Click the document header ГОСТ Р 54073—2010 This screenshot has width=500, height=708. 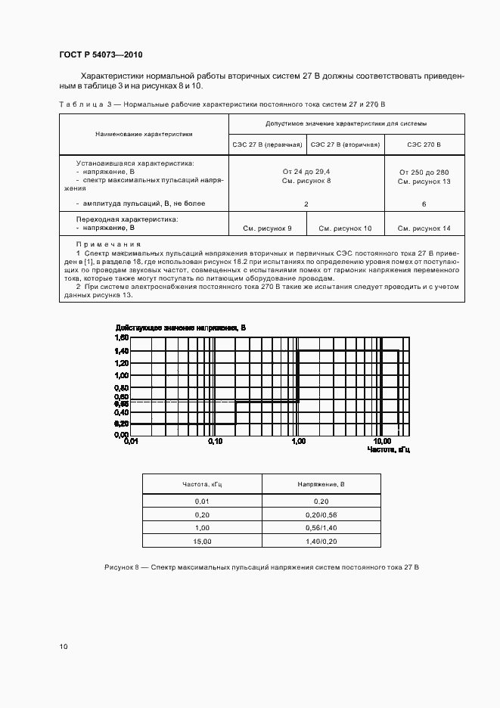(101, 55)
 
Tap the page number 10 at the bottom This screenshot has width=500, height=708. (64, 647)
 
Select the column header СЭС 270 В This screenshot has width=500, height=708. (424, 144)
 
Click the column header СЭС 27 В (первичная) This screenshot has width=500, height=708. (266, 144)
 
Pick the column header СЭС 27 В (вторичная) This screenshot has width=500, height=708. (345, 144)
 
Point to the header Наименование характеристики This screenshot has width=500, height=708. (144, 134)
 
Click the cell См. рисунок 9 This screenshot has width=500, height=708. (266, 228)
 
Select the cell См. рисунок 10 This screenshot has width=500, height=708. (345, 228)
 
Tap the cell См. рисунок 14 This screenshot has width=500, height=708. (424, 228)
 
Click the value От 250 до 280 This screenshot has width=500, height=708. (424, 172)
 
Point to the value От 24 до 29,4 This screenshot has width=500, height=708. (306, 172)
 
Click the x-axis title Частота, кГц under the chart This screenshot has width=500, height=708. (388, 449)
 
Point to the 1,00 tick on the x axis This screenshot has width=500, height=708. (298, 441)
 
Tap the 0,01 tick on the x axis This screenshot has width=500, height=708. (132, 441)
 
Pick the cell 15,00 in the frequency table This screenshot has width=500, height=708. (202, 541)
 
